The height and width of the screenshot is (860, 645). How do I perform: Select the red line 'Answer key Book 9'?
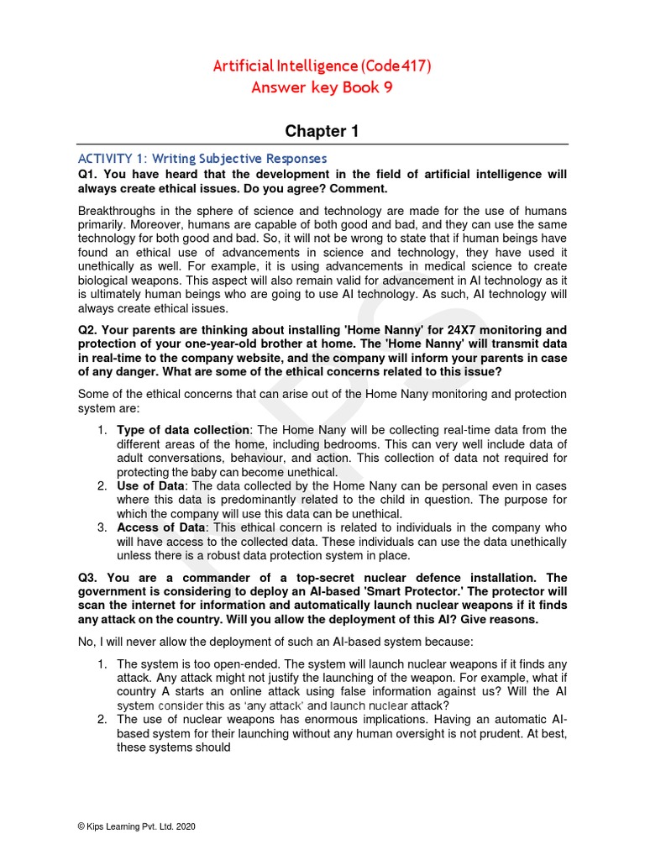click(322, 88)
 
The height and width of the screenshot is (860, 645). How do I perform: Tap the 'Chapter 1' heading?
click(322, 131)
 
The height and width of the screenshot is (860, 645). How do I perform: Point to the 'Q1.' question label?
click(89, 175)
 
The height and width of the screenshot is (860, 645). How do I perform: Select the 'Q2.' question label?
click(89, 330)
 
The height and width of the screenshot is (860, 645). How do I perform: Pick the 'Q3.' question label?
click(89, 578)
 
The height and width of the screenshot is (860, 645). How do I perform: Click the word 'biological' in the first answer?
click(106, 281)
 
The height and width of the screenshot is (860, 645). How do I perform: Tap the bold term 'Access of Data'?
click(160, 527)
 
